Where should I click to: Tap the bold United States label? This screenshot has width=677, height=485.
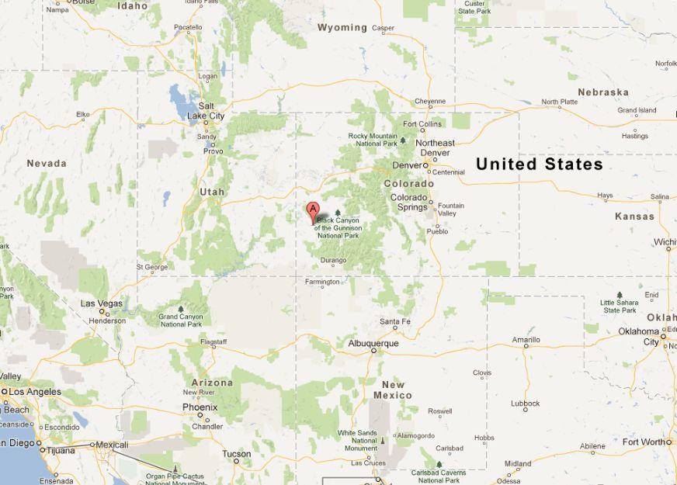pos(539,165)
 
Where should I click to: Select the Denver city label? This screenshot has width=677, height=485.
pos(408,165)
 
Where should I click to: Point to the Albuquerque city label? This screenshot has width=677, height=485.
pos(373,343)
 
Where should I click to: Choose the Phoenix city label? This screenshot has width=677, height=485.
pos(200,407)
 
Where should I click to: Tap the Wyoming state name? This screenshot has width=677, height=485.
pos(342,27)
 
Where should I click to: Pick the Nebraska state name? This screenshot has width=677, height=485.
pos(603,92)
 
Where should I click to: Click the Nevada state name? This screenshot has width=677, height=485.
pos(47,164)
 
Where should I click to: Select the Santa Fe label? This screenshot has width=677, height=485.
pos(395,321)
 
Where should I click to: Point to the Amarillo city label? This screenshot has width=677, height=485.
pos(526,340)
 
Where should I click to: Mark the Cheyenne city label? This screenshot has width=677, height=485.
pos(430,101)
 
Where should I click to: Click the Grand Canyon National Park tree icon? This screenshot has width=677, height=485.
pos(181,309)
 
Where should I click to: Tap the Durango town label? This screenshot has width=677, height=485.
pos(333,261)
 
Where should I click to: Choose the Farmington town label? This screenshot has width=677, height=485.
pos(323,282)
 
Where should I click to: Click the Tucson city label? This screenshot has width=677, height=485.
pos(236,454)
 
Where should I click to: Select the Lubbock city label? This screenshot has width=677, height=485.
pos(526,404)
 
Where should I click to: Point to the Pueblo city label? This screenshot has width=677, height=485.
pos(437,230)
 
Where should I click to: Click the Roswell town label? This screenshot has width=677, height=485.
pos(439,411)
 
